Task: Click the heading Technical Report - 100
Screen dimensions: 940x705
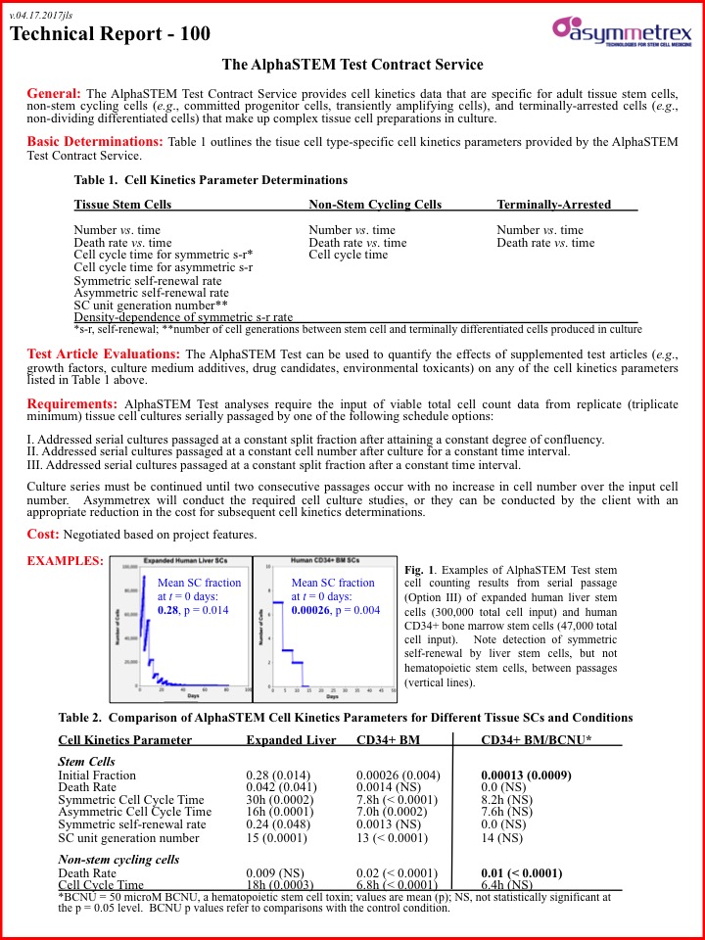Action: [110, 34]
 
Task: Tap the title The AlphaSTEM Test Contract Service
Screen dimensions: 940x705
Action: [352, 65]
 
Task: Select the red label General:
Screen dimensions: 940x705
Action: [54, 92]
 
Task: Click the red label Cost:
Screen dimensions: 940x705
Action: [43, 534]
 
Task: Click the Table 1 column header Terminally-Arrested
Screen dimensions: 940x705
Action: [553, 205]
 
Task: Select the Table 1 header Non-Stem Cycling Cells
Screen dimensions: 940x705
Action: [375, 205]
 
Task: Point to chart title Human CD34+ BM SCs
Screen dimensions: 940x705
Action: [324, 561]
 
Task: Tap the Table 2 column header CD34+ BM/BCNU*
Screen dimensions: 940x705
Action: [536, 741]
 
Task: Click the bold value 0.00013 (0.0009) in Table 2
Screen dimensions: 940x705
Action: [526, 775]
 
